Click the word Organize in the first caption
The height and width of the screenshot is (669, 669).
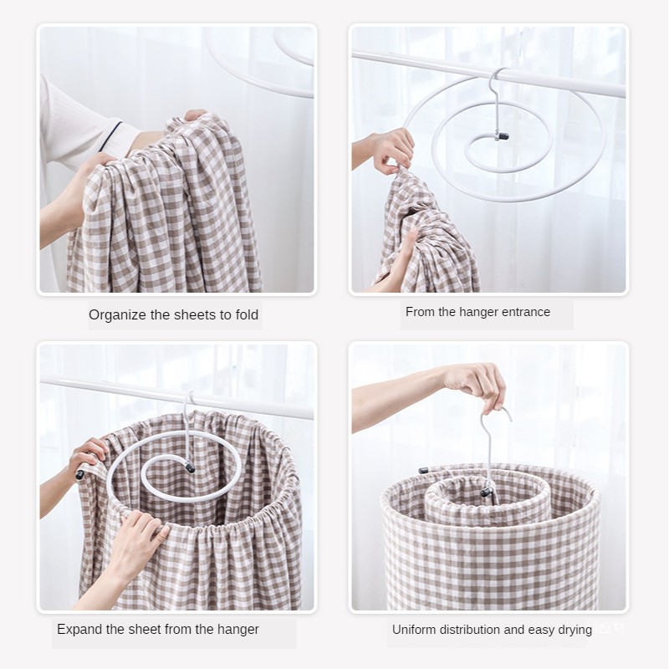point(116,315)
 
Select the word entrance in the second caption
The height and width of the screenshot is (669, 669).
point(525,312)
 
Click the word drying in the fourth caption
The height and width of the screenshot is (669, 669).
point(573,630)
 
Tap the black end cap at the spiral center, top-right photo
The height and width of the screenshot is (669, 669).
point(503,135)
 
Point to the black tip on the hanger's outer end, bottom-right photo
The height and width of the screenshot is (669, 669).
point(423,471)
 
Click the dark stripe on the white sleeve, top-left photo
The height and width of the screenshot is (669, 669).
point(110,135)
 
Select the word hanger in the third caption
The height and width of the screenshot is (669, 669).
point(237,629)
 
